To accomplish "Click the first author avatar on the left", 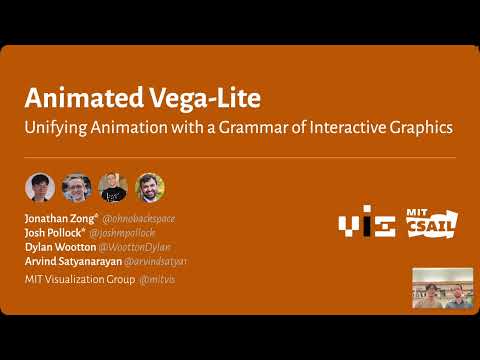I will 40,187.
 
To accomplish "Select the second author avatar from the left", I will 76,187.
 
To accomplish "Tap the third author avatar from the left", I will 112,187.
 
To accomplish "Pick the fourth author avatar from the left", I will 149,187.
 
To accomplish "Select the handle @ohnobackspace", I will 140,218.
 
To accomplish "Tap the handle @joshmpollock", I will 123,232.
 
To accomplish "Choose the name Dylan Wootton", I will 59,246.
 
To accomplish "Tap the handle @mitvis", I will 157,279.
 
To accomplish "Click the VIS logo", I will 367,225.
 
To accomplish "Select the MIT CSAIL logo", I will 430,224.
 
